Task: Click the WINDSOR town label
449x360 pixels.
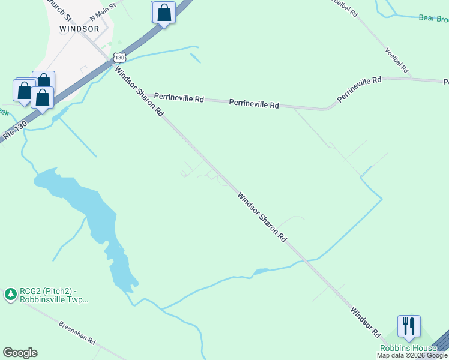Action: [x=79, y=28]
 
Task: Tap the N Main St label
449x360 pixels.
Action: [x=103, y=12]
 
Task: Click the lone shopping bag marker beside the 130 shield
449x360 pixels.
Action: [x=164, y=13]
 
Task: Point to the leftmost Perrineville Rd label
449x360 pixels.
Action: [x=179, y=97]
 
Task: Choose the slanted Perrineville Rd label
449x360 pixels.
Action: [x=359, y=88]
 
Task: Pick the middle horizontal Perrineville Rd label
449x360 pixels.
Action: [x=254, y=104]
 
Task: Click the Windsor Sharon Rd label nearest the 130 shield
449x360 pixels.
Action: [x=139, y=91]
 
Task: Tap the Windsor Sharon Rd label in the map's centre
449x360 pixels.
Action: [x=262, y=217]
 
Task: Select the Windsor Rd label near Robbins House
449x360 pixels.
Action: [x=366, y=322]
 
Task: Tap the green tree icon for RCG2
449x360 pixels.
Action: [x=10, y=294]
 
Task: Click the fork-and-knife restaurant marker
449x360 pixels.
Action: [x=409, y=326]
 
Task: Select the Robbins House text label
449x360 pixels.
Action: [x=408, y=349]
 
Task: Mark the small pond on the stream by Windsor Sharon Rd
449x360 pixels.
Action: [x=261, y=272]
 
